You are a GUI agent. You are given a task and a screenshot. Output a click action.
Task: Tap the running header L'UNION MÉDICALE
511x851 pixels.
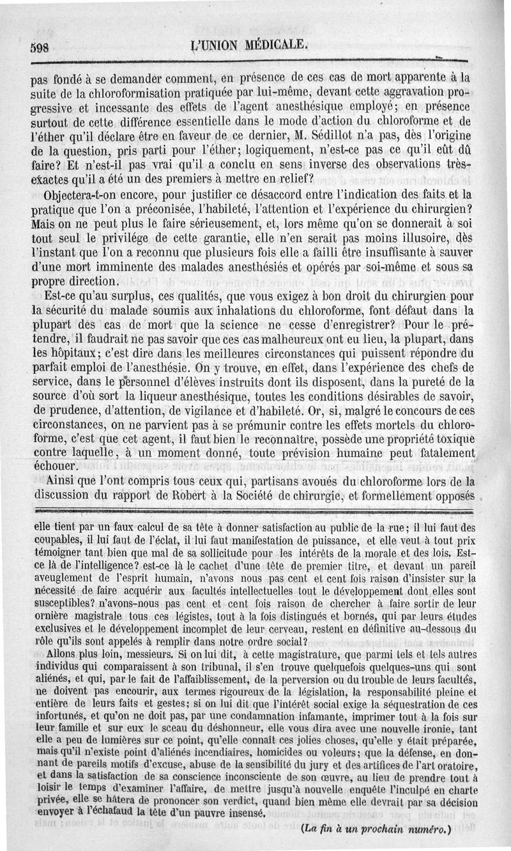click(245, 45)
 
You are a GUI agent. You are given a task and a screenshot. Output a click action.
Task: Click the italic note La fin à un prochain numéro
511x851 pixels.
click(375, 831)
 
